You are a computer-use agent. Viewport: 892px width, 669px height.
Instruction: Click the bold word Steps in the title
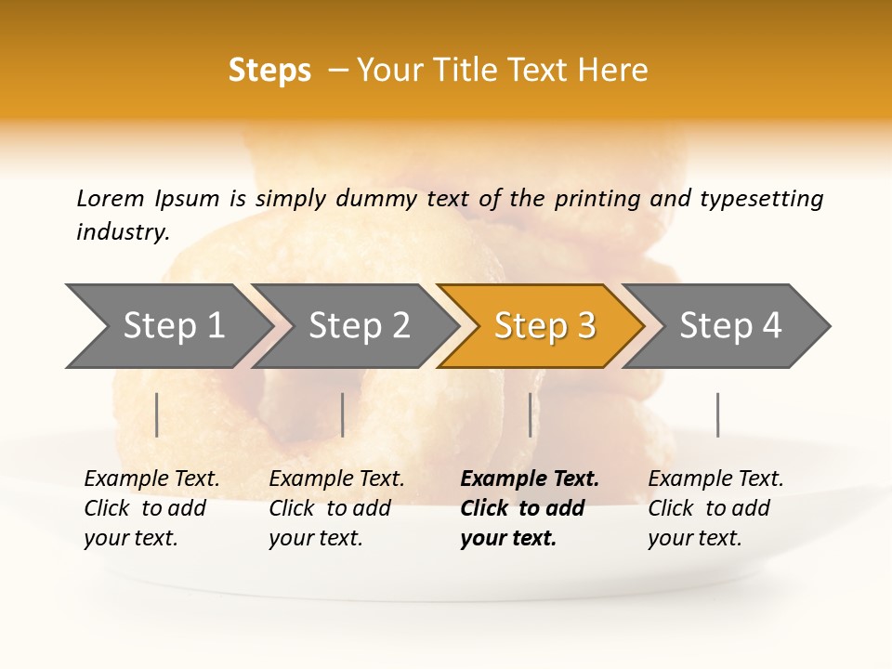click(269, 71)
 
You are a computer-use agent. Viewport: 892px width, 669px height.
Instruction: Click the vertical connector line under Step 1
click(157, 414)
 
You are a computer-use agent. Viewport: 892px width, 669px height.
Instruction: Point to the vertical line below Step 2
click(343, 414)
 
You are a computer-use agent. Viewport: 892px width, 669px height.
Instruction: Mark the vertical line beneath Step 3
click(531, 414)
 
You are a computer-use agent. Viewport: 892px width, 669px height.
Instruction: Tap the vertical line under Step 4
click(718, 414)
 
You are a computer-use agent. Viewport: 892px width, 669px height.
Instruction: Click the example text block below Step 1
click(151, 508)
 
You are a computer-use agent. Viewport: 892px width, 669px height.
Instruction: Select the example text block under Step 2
click(336, 508)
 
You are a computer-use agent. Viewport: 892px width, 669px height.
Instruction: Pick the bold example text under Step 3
click(529, 508)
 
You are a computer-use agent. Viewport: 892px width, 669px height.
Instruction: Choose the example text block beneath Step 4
click(715, 508)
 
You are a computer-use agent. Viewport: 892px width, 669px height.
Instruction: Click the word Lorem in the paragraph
click(111, 198)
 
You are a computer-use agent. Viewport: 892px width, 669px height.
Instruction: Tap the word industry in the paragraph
click(123, 232)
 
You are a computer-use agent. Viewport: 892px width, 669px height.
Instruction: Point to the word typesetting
click(761, 199)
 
